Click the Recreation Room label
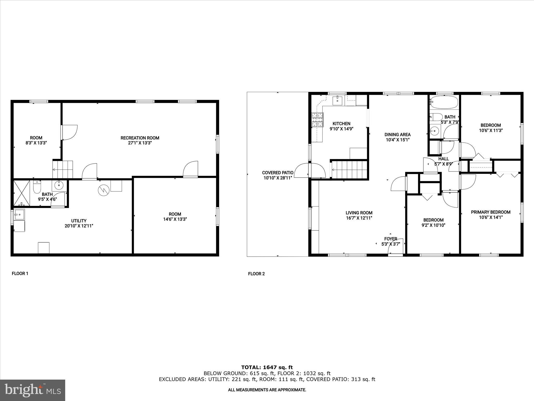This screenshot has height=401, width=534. coord(140,138)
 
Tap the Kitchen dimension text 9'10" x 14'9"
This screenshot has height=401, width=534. coord(341,129)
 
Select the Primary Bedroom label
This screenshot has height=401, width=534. coord(490,212)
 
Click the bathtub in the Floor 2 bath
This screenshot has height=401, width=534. coord(444,103)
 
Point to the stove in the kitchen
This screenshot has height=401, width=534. coord(317,120)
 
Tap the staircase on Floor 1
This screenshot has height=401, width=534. coord(63,169)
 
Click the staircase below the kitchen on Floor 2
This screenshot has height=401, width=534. coord(349,170)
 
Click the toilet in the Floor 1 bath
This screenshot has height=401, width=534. coord(37,187)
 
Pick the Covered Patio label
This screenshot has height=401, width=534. coord(278,173)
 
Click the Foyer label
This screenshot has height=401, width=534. coord(391,239)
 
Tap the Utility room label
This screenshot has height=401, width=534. coord(79,221)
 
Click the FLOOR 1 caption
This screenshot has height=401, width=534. coord(20,274)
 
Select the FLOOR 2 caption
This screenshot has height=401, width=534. coord(256,274)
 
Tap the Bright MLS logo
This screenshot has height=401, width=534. coord(33,390)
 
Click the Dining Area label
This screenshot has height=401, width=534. coord(397,134)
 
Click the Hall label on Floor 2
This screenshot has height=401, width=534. coord(444,159)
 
